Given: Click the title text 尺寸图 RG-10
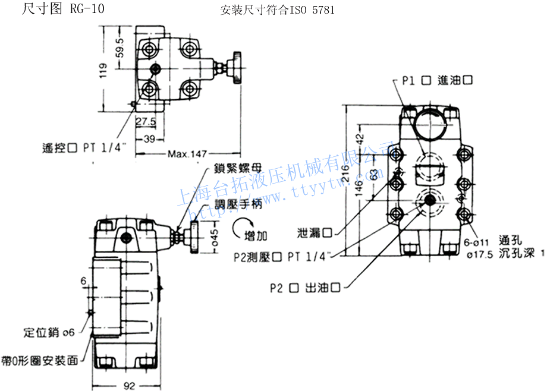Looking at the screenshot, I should click(58, 10).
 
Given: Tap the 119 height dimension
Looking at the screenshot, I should click(102, 72).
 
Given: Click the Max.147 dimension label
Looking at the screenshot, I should click(186, 154).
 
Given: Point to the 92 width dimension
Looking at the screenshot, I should click(129, 386).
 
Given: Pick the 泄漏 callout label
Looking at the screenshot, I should click(315, 232).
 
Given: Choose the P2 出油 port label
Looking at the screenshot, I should click(305, 288).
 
